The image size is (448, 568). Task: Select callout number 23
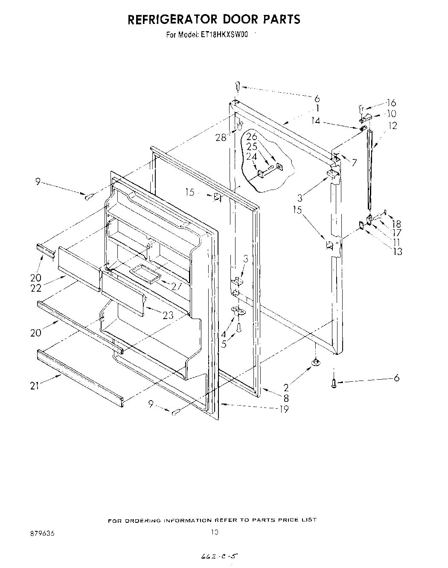[168, 315]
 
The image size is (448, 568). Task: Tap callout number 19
[284, 409]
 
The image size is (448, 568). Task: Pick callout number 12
[393, 126]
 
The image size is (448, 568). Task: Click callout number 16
[391, 102]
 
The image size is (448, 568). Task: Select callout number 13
[397, 252]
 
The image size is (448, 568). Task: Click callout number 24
[252, 156]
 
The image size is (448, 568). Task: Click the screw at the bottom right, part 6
[334, 384]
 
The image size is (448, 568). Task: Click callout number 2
[286, 388]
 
